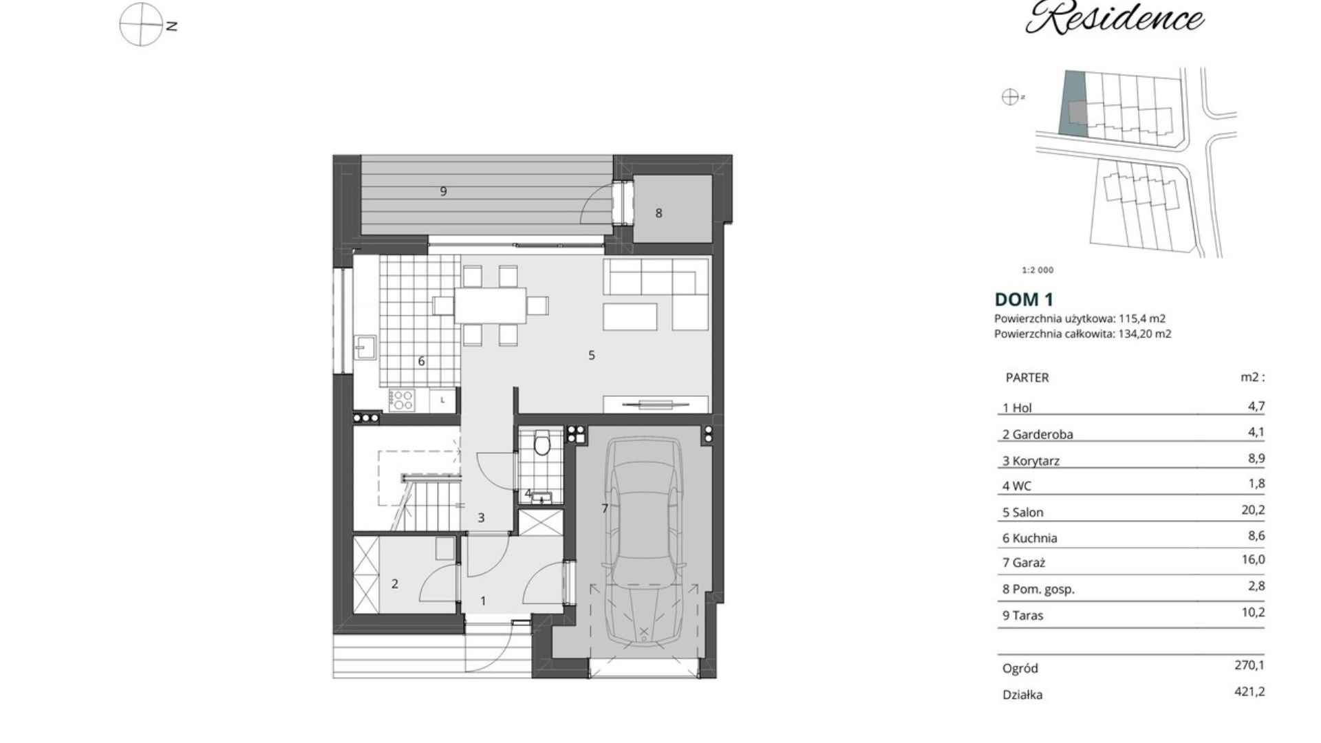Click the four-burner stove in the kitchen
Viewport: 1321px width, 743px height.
tap(402, 400)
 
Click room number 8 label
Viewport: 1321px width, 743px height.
tap(658, 213)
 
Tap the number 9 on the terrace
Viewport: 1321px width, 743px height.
tap(443, 191)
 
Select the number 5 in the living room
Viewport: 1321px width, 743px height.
tap(591, 355)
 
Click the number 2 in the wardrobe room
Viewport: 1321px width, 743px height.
tap(395, 584)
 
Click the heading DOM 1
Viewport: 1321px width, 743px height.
tap(1024, 299)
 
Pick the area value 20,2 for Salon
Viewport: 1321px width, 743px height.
tap(1256, 510)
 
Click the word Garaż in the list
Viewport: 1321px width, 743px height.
tap(1029, 563)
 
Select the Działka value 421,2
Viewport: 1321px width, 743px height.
tap(1249, 691)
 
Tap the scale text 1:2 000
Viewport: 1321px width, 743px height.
tap(1038, 270)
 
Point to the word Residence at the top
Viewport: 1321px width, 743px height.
tap(1115, 18)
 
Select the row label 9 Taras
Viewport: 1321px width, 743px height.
tap(1023, 616)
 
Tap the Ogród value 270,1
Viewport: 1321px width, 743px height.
tap(1249, 665)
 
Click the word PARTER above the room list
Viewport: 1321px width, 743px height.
tap(1027, 378)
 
